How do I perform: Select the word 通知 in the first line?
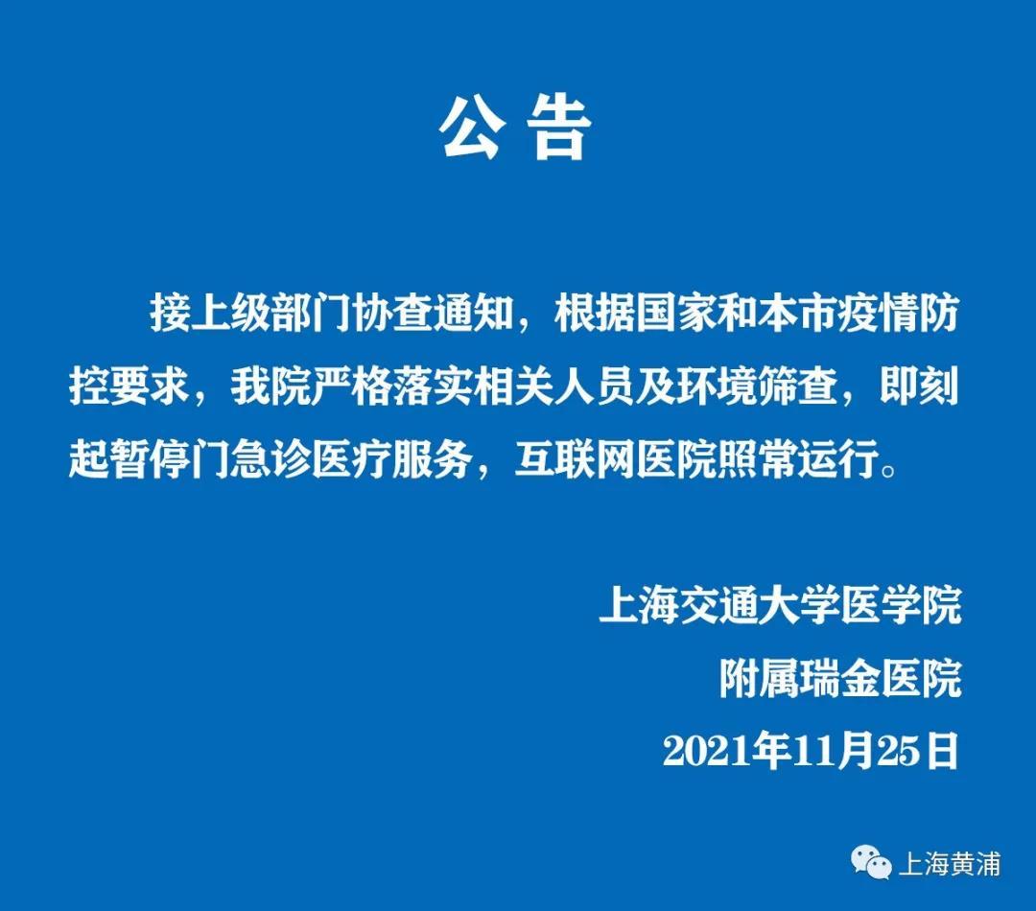click(x=474, y=314)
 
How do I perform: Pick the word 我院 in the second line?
click(x=271, y=385)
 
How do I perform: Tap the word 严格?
click(x=352, y=385)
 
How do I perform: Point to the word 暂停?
click(x=150, y=457)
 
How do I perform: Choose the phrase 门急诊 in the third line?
click(x=251, y=457)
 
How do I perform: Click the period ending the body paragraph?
click(x=889, y=470)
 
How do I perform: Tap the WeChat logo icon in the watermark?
click(x=871, y=862)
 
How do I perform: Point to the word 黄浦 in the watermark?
click(x=976, y=863)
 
